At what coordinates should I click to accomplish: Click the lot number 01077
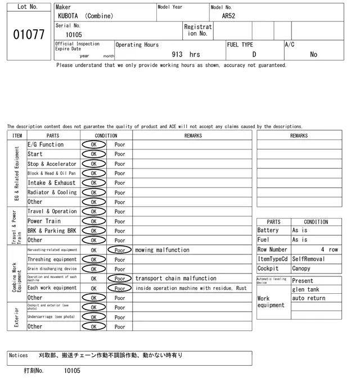(x=28, y=34)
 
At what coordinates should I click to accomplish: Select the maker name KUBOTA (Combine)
(x=85, y=16)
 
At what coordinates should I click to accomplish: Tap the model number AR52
(x=228, y=16)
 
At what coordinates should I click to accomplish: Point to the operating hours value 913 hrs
(x=186, y=54)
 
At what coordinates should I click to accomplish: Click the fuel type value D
(x=254, y=54)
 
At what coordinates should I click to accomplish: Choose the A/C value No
(x=313, y=54)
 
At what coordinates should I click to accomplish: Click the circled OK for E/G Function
(x=93, y=144)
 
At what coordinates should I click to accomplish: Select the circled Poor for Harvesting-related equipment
(x=119, y=250)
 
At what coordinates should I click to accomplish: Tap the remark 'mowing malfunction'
(x=162, y=250)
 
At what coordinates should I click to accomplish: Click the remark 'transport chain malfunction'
(x=175, y=279)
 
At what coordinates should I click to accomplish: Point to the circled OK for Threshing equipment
(x=93, y=260)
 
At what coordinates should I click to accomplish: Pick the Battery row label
(x=268, y=230)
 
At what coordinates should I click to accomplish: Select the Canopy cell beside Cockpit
(x=301, y=269)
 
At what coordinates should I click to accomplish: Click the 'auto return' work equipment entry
(x=309, y=298)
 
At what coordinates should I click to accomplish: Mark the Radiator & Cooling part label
(x=52, y=192)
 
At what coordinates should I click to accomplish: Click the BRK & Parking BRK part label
(x=52, y=230)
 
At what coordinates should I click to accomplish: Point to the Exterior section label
(x=16, y=317)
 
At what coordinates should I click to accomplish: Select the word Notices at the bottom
(x=19, y=356)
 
